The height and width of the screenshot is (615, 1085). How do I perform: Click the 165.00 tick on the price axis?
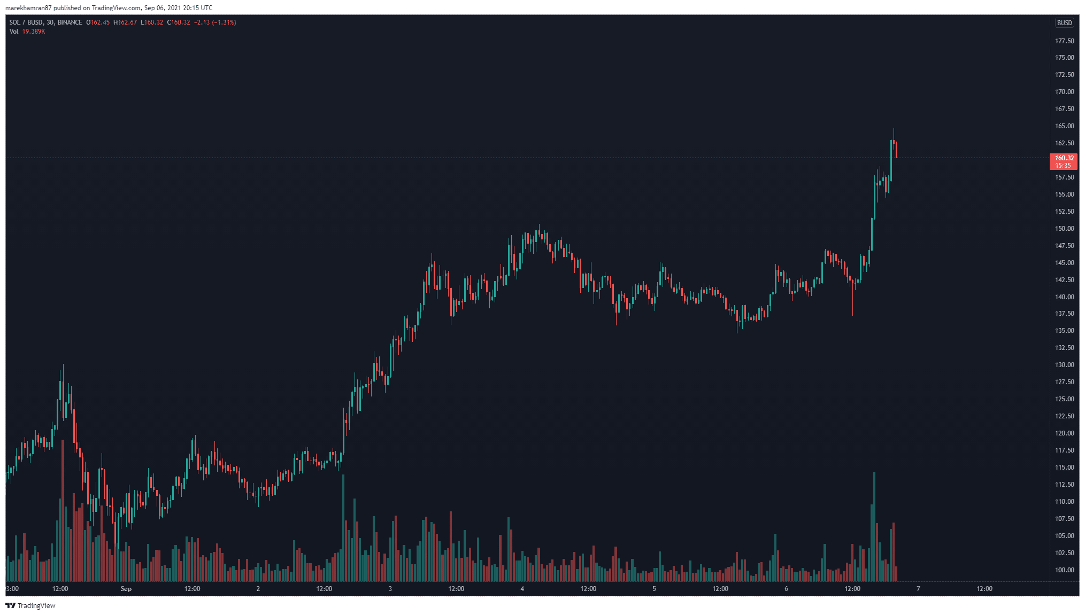coord(1064,126)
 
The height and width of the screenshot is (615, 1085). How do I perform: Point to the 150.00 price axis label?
coord(1064,229)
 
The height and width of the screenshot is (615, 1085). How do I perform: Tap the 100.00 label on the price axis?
coord(1064,570)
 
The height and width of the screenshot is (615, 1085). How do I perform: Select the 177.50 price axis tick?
coord(1064,41)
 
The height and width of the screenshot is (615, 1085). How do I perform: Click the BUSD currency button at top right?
coord(1064,23)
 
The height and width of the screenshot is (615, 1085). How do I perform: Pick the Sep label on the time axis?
coord(126,589)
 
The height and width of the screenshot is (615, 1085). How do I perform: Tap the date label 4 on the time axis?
coord(522,589)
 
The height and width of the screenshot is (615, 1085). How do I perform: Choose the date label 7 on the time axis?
coord(918,589)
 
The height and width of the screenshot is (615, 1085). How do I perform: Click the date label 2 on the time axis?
coord(258,589)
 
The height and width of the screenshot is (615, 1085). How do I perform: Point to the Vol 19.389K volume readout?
coord(27,32)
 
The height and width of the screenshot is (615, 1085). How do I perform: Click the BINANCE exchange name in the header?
coord(70,22)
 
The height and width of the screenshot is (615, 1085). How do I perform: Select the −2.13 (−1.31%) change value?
coord(215,22)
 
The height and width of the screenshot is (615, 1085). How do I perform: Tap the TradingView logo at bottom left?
coord(30,605)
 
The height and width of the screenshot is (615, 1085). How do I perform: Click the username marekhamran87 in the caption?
coord(28,8)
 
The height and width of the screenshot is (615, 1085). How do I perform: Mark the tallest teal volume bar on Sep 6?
coord(874,526)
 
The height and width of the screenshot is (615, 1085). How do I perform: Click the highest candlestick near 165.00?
coord(893,140)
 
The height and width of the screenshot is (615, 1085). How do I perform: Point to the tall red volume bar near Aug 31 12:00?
coord(63,510)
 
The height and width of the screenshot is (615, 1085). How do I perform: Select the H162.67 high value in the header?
coord(125,22)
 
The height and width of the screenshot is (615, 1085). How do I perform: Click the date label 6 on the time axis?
coord(786,589)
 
